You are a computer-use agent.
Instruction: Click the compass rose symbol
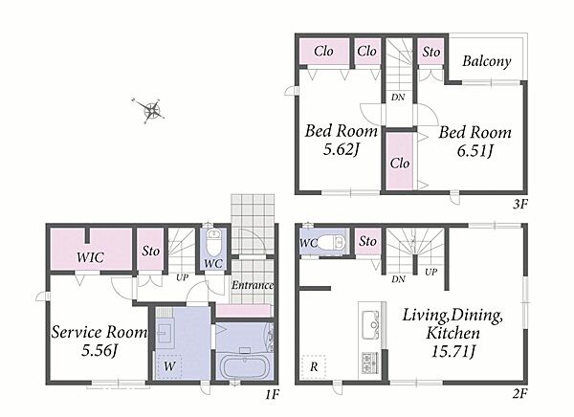[x=148, y=110]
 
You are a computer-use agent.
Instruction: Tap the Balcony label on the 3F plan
[x=487, y=61]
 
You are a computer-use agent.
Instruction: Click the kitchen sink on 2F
[x=370, y=324]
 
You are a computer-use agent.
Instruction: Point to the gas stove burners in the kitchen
[x=370, y=362]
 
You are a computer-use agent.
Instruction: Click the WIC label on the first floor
[x=90, y=257]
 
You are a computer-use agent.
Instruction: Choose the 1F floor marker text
[x=272, y=395]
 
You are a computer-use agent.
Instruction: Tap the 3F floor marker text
[x=520, y=204]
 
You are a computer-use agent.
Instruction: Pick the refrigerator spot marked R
[x=314, y=366]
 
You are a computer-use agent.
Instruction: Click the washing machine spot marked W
[x=169, y=365]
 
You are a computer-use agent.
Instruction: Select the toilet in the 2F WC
[x=331, y=242]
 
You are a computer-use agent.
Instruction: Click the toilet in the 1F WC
[x=213, y=242]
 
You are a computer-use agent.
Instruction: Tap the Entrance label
[x=253, y=285]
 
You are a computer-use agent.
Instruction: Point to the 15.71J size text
[x=453, y=351]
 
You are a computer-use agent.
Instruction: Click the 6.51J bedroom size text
[x=475, y=150]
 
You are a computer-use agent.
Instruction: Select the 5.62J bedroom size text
[x=342, y=149]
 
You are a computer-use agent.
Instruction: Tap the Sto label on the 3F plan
[x=430, y=52]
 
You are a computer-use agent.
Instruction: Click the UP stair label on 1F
[x=182, y=277]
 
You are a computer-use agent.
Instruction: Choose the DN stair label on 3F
[x=398, y=97]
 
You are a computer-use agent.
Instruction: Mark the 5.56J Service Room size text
[x=99, y=350]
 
